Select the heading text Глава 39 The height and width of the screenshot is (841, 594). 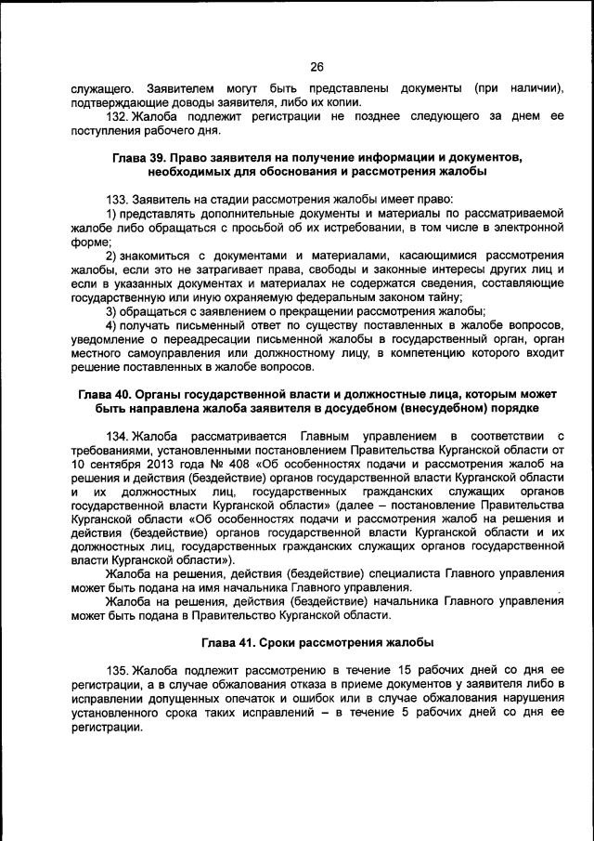pos(141,158)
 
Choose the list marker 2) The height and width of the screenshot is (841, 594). pos(111,255)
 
